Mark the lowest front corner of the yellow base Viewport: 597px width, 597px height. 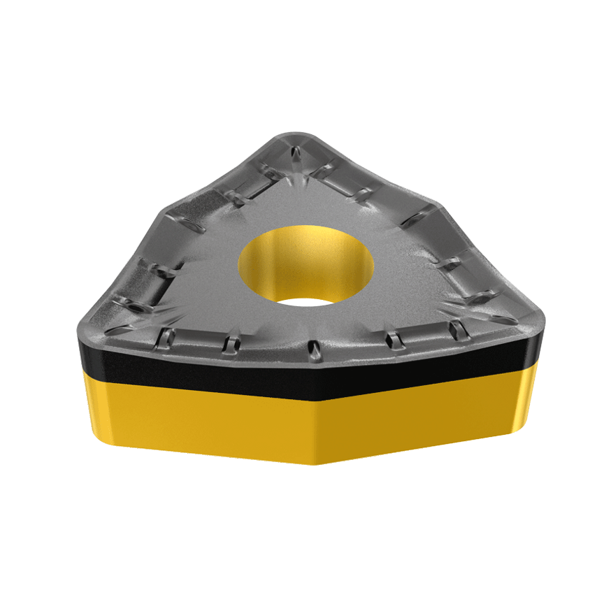tap(318, 463)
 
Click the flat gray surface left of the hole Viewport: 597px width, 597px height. tap(203, 280)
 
